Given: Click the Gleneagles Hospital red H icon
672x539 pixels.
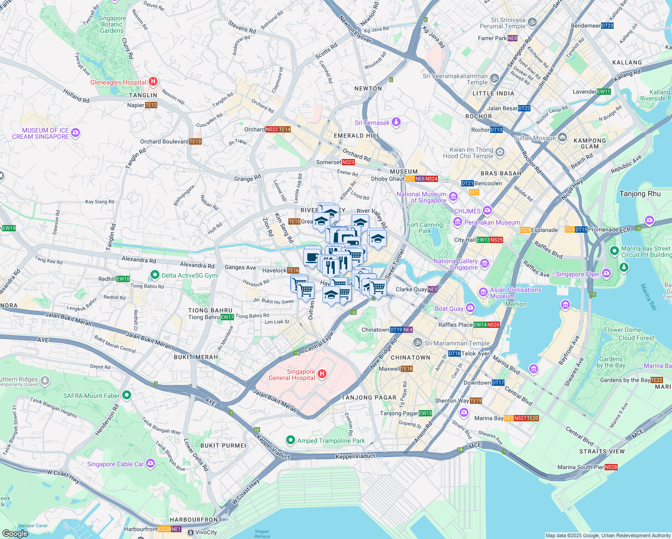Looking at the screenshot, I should pyautogui.click(x=153, y=82).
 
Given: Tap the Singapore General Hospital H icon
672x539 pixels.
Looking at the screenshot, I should pyautogui.click(x=322, y=374).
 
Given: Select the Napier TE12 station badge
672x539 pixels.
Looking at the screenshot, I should pyautogui.click(x=151, y=105).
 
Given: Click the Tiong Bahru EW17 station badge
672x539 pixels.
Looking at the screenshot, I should pyautogui.click(x=227, y=317).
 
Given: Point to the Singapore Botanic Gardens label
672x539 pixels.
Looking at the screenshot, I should pyautogui.click(x=112, y=25).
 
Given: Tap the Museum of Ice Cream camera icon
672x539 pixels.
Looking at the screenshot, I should pyautogui.click(x=75, y=133).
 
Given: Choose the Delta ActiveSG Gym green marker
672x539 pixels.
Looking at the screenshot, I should pyautogui.click(x=155, y=274).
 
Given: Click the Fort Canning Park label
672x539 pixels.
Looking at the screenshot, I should pyautogui.click(x=425, y=228).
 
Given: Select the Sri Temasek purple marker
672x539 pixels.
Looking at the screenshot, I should pyautogui.click(x=396, y=122).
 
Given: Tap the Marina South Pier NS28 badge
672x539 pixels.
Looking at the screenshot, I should pyautogui.click(x=611, y=467).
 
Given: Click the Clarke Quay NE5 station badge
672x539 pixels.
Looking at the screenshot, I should pyautogui.click(x=433, y=289).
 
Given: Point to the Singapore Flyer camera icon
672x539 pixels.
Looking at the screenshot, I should pyautogui.click(x=606, y=273).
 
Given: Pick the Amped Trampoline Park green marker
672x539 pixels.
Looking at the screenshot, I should pyautogui.click(x=291, y=440).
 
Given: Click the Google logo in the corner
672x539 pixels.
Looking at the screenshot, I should pyautogui.click(x=15, y=534).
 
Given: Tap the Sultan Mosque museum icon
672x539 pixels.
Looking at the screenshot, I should pyautogui.click(x=562, y=138).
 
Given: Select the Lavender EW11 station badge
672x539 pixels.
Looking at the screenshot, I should pyautogui.click(x=604, y=92).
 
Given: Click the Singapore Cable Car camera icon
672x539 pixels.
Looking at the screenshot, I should pyautogui.click(x=150, y=463).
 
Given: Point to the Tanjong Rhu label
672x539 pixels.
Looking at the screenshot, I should pyautogui.click(x=640, y=194).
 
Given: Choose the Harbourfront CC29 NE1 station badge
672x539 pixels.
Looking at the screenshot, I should pyautogui.click(x=170, y=529).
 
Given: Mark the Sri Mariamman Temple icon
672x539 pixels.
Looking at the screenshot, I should pyautogui.click(x=417, y=343).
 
